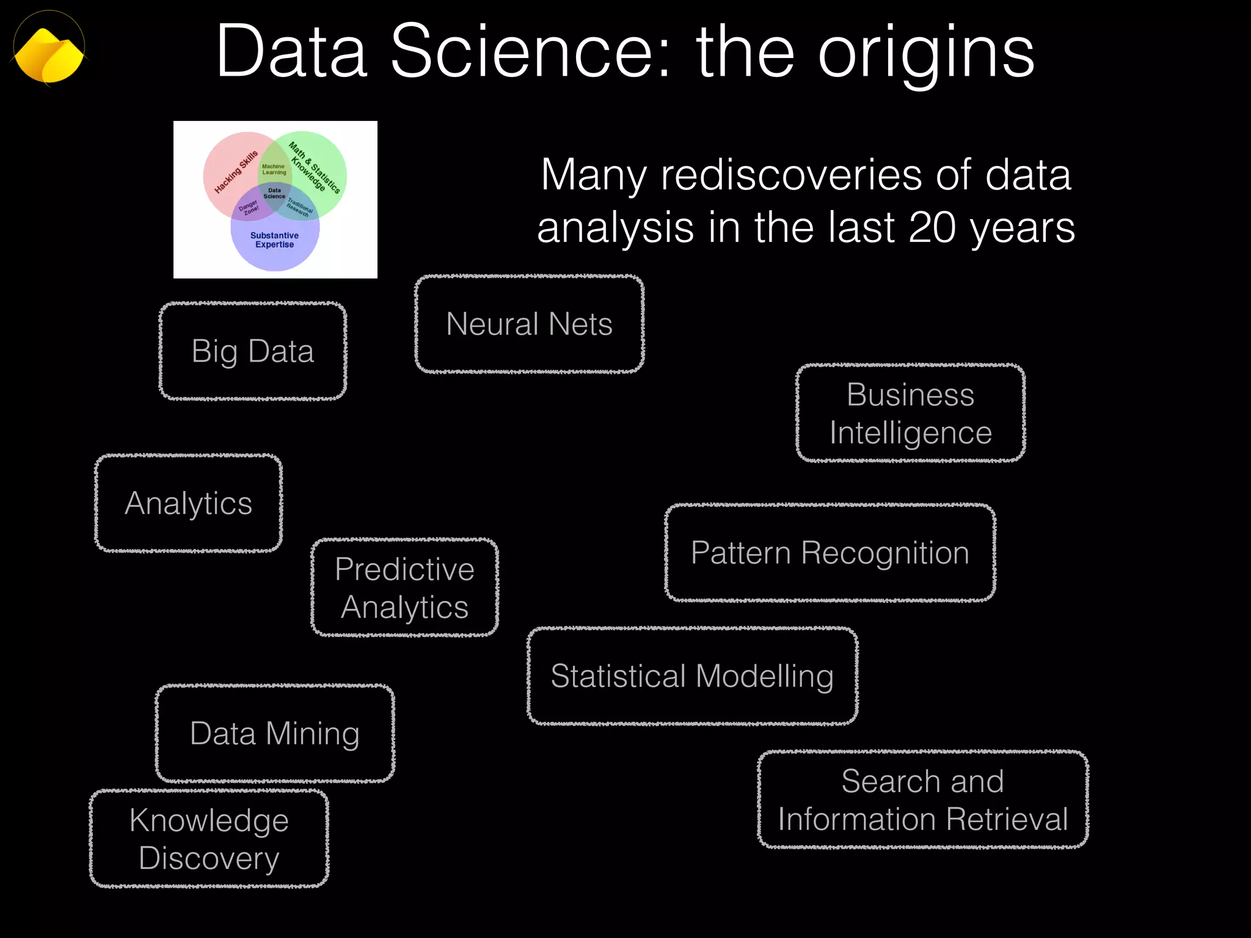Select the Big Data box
[x=253, y=352]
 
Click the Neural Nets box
[x=529, y=324]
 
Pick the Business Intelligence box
[x=910, y=413]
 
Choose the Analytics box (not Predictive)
[x=188, y=504]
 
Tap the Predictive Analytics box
[x=404, y=588]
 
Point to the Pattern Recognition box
[x=830, y=553]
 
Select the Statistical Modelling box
[x=692, y=677]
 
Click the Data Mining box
[x=275, y=733]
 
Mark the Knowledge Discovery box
[x=209, y=839]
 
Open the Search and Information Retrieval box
[x=922, y=800]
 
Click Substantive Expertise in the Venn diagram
[x=274, y=240]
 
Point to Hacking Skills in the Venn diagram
[x=236, y=172]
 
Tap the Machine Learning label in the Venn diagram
[x=274, y=169]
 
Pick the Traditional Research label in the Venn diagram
[x=299, y=207]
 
